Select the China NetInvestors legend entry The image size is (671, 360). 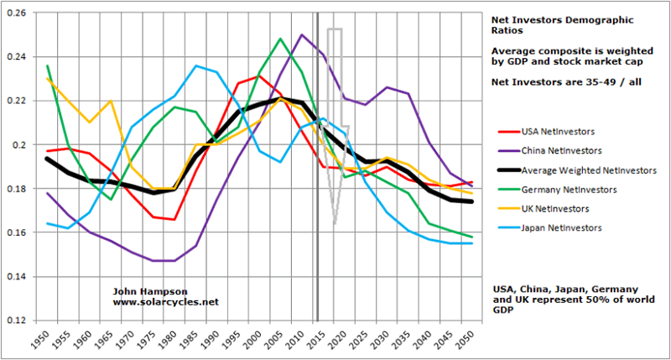point(556,150)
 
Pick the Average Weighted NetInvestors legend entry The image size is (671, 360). point(578,170)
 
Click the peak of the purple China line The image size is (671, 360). point(301,35)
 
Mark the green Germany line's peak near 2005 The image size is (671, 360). point(280,39)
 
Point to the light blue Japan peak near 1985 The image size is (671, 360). point(195,65)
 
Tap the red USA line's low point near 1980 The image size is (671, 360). point(174,220)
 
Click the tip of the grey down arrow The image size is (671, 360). point(335,224)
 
